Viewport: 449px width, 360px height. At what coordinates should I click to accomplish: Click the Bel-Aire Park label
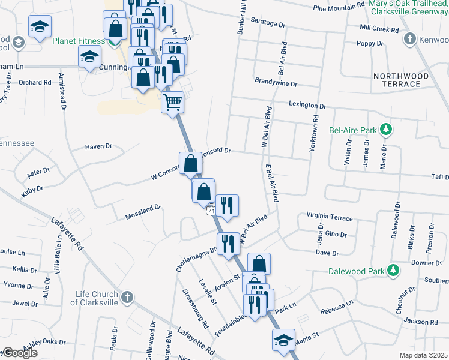pos(352,130)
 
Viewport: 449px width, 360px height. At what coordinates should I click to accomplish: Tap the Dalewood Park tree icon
pos(393,271)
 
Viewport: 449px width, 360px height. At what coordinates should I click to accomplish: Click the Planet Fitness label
pos(79,41)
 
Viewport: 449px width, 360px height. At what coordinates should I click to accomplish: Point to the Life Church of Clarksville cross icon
pos(127,297)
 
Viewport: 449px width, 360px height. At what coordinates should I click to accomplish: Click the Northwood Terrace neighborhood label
pos(400,80)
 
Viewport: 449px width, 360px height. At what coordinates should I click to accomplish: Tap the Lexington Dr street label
pos(307,105)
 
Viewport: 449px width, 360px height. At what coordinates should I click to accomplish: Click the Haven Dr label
pos(98,146)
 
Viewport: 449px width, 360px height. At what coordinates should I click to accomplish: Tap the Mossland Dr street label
pos(143,212)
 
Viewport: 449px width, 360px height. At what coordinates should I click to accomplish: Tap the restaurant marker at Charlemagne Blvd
pos(228,244)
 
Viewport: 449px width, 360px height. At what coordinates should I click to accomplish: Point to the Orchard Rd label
pos(35,82)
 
